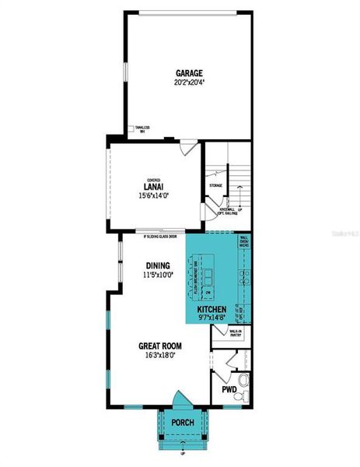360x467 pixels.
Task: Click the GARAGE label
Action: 188,73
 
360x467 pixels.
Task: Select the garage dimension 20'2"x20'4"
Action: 188,82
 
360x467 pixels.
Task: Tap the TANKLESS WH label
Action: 142,129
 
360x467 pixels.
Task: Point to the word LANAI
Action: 152,185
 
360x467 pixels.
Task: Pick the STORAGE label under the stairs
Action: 215,185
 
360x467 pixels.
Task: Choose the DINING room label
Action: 152,265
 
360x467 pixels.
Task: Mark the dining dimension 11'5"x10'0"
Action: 152,274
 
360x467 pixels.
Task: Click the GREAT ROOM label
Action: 161,347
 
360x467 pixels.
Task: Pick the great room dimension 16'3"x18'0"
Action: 161,356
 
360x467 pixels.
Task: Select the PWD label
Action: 229,388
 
